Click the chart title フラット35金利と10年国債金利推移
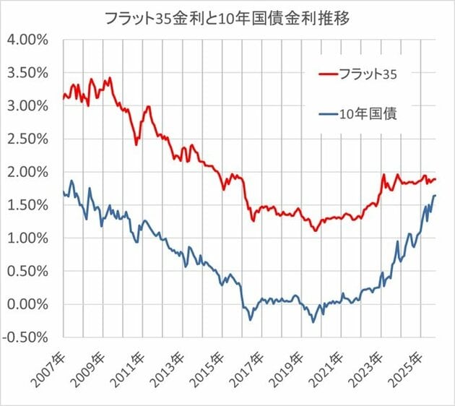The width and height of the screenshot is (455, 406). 227,17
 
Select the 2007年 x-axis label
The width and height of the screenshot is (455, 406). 50,368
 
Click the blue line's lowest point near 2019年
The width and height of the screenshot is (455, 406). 313,322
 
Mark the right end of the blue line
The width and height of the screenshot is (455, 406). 435,195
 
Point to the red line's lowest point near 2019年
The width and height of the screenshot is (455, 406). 315,230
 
